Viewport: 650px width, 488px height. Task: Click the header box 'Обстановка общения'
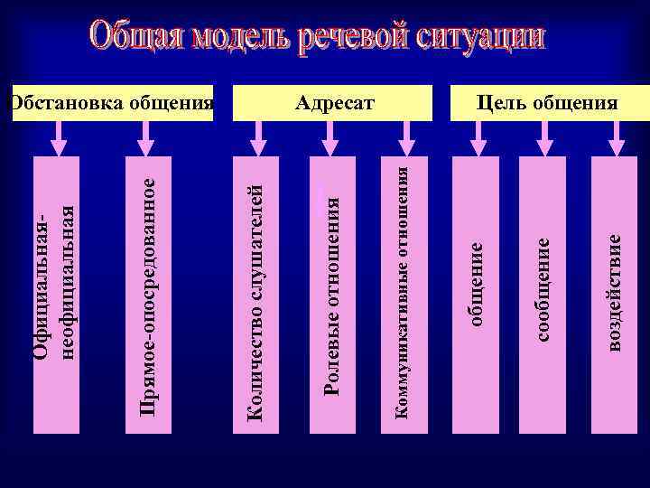[x=108, y=102]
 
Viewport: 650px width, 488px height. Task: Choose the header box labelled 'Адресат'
[x=335, y=102]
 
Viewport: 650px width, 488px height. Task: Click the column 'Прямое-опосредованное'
[x=150, y=289]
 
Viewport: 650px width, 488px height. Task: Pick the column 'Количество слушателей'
[x=256, y=289]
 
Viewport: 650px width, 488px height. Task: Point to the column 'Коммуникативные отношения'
[x=406, y=289]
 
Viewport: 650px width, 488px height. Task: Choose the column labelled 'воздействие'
[x=615, y=289]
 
